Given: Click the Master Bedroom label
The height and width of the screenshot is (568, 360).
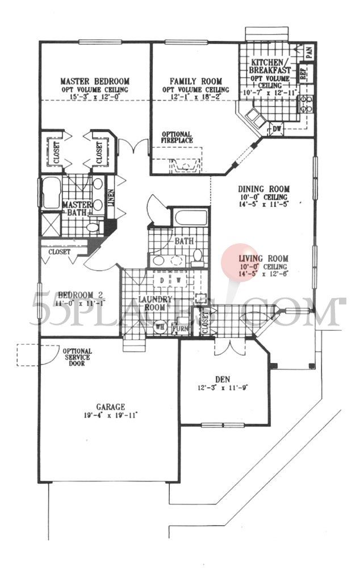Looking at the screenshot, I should pos(95,81).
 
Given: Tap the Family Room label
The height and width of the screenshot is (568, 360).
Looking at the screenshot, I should pos(195,81).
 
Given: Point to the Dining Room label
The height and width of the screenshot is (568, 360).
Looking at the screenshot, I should pos(264,189).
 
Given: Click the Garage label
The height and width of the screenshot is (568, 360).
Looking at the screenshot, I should pos(110,407).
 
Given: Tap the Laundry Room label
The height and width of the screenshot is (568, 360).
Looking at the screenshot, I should pos(152,302).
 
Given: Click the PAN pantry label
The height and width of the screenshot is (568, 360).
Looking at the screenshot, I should pos(309,53).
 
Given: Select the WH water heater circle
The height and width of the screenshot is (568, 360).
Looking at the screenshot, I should pos(160,327).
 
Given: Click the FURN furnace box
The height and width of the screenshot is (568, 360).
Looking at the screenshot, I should pos(180,328).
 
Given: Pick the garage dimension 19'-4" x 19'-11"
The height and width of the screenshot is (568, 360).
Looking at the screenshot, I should pos(110,415).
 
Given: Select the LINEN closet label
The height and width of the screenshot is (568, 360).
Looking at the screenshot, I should pos(111,197).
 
